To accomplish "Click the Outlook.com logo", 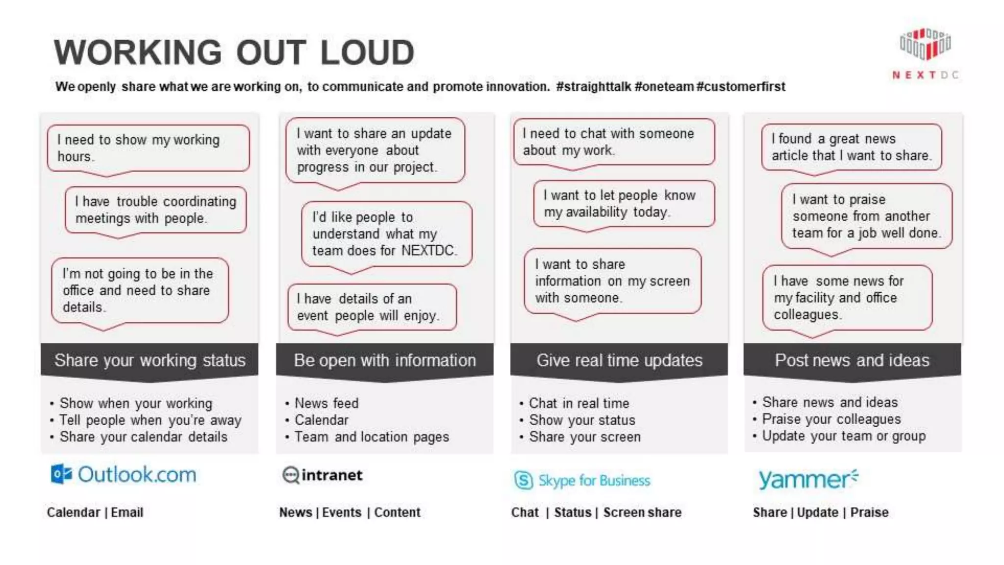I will (124, 474).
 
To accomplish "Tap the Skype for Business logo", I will (582, 480).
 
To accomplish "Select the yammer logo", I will (808, 479).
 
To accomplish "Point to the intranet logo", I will (323, 475).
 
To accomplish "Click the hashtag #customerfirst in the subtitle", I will (741, 87).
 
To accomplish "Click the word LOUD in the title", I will (368, 52).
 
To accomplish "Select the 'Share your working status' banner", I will (150, 360).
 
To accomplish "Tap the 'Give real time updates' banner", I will (619, 360).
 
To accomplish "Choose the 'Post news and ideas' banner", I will (852, 360).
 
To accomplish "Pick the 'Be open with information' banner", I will (385, 360).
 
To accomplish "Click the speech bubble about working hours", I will (148, 148).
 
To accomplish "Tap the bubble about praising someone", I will (866, 216).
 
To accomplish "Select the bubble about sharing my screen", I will (612, 281).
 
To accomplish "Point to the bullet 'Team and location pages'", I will (372, 437).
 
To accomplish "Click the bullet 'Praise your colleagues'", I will (831, 419).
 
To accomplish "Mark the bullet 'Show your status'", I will (582, 420).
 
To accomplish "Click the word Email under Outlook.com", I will (127, 512).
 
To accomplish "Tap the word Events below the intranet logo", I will (342, 512).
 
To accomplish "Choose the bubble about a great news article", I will (852, 147).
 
